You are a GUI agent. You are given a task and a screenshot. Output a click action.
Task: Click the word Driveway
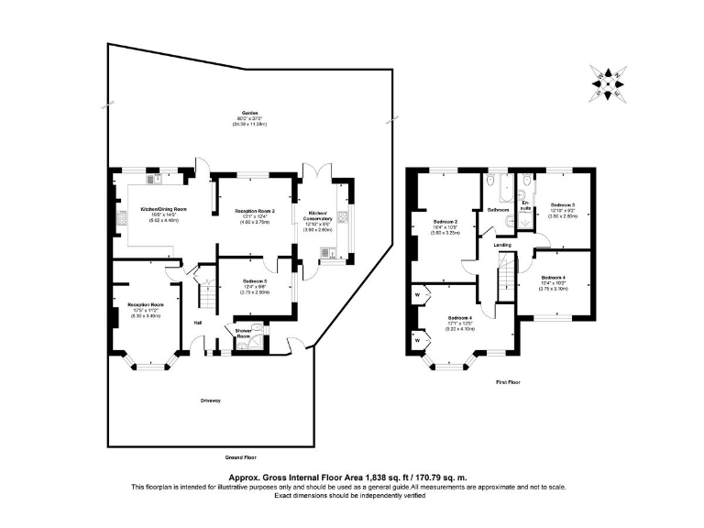[213, 401]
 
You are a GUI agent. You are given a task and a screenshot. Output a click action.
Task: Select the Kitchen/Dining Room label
[163, 209]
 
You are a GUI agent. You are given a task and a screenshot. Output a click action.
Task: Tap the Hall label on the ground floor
[197, 322]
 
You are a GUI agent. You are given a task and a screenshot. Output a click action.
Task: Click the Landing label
[502, 245]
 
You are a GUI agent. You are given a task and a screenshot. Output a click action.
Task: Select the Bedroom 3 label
[562, 204]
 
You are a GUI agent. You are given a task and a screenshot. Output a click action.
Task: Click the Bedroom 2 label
[445, 221]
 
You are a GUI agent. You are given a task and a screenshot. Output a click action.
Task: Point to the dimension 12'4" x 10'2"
[554, 283]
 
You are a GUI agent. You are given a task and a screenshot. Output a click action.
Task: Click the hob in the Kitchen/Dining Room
[121, 218]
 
